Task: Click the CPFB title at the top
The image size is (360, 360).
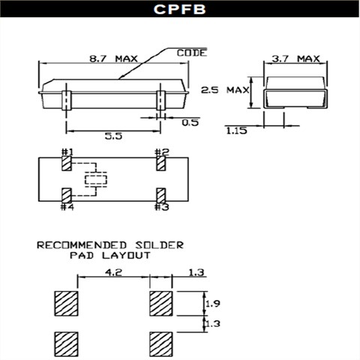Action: [x=179, y=10]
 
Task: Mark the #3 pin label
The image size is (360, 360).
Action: [x=161, y=207]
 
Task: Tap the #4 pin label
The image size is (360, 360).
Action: [x=67, y=207]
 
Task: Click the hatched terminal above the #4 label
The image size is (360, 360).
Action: [x=67, y=194]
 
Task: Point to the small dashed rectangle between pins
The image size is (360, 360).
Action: [x=95, y=179]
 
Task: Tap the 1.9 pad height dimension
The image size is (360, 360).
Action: [x=214, y=303]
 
